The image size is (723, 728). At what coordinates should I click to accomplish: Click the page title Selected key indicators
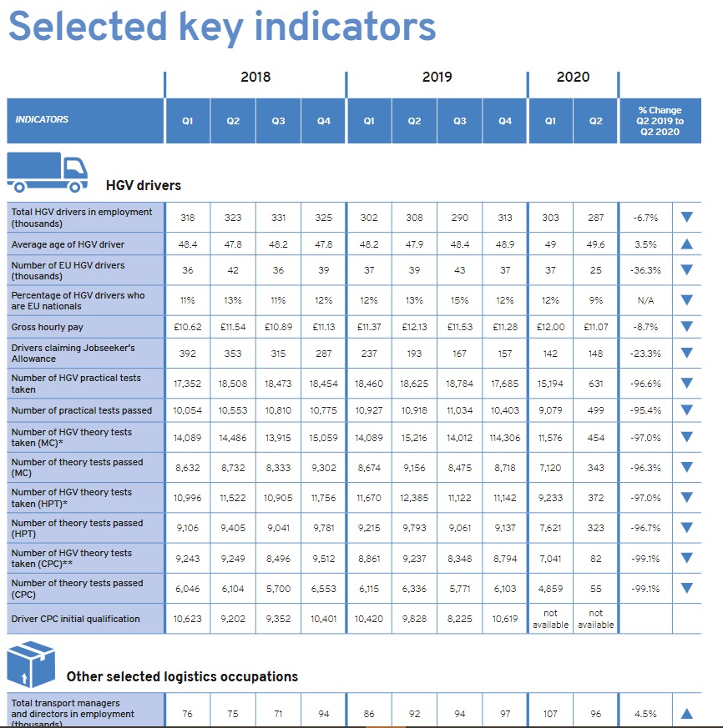click(x=222, y=27)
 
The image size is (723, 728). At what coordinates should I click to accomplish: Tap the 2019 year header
click(x=437, y=77)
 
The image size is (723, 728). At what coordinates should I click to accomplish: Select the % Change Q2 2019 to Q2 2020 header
click(x=660, y=121)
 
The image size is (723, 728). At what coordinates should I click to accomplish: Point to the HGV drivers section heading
click(x=143, y=185)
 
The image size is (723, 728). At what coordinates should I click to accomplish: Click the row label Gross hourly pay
click(x=48, y=326)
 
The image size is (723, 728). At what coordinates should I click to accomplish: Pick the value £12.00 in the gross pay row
click(x=550, y=326)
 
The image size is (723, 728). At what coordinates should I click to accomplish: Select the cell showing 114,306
click(x=505, y=438)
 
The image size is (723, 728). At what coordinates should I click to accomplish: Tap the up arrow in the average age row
click(x=687, y=244)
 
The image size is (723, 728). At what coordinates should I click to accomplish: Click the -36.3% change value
click(x=645, y=270)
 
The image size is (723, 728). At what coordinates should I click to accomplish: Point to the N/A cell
click(x=645, y=300)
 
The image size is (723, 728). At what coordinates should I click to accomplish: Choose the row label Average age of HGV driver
click(x=68, y=244)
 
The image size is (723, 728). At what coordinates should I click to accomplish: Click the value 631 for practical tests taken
click(x=595, y=384)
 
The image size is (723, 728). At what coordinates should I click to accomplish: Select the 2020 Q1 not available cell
click(x=550, y=619)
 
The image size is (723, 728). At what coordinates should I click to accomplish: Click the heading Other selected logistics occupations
click(x=182, y=676)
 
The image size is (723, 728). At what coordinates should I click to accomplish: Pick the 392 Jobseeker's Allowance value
click(x=188, y=354)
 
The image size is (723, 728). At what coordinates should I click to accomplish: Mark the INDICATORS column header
click(x=42, y=120)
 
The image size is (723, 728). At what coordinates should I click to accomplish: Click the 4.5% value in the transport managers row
click(x=645, y=714)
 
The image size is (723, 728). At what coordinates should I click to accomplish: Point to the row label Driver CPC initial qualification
click(x=75, y=619)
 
